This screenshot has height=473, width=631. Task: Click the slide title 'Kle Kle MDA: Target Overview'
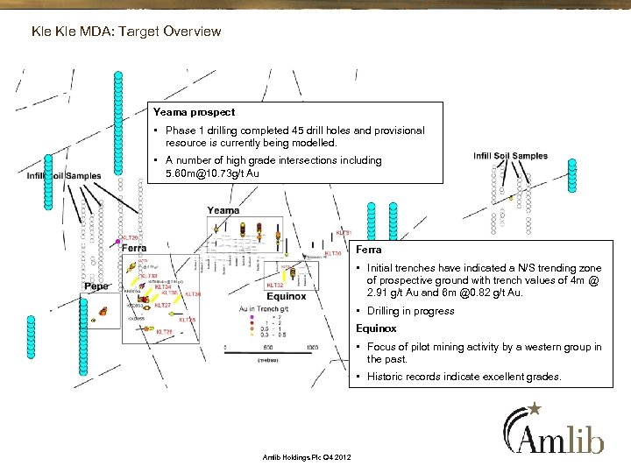[125, 32]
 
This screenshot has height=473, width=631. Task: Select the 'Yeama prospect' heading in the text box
[194, 112]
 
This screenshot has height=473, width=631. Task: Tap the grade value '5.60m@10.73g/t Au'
[213, 173]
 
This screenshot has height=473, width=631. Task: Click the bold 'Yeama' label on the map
[223, 210]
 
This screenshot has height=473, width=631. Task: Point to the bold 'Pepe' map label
[96, 286]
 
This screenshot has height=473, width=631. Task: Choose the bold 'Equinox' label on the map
[286, 296]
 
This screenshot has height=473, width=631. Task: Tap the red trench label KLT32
[274, 285]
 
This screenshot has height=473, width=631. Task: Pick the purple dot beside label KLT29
[117, 241]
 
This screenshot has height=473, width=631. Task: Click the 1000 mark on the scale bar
[312, 349]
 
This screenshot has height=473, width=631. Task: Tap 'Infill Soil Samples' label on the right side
[510, 156]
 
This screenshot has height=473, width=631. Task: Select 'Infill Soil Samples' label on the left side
[64, 176]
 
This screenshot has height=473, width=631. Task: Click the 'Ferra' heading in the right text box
[368, 250]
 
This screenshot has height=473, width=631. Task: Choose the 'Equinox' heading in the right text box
[376, 328]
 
